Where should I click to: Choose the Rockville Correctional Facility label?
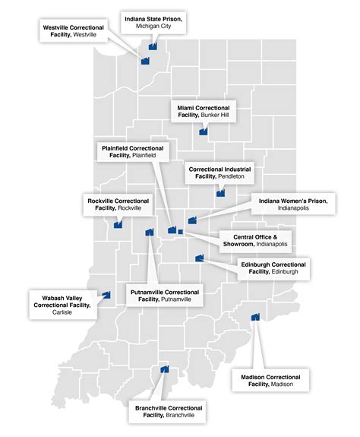(118, 204)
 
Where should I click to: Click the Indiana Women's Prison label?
(292, 205)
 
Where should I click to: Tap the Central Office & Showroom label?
(255, 241)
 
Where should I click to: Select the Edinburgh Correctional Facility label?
(273, 268)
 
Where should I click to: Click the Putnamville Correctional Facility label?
(165, 296)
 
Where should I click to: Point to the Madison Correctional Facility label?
(270, 381)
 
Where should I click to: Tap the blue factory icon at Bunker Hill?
(204, 131)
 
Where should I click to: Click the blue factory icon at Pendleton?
(220, 193)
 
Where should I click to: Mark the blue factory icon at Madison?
(255, 316)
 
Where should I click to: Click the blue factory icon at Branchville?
(164, 370)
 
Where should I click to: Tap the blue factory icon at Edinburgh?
(199, 258)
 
